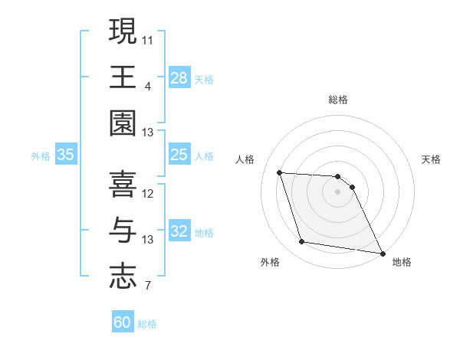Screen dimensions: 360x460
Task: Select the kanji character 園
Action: pyautogui.click(x=123, y=123)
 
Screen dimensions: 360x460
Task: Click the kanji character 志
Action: pyautogui.click(x=123, y=275)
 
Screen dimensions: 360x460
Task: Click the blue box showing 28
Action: pyautogui.click(x=179, y=77)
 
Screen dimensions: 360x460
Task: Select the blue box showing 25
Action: pyautogui.click(x=179, y=155)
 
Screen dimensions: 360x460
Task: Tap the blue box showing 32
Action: pyautogui.click(x=179, y=232)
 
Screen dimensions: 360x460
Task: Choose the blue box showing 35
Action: pyautogui.click(x=66, y=155)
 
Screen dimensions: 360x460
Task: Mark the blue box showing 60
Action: pyautogui.click(x=123, y=322)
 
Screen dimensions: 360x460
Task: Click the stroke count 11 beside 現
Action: pyautogui.click(x=148, y=38)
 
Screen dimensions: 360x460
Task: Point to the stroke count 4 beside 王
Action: pyautogui.click(x=148, y=86)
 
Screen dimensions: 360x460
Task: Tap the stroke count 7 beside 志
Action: pyautogui.click(x=148, y=286)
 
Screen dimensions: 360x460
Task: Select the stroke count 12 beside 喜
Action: pyautogui.click(x=148, y=193)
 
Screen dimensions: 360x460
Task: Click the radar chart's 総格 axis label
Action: pyautogui.click(x=338, y=100)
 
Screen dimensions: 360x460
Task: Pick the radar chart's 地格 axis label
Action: pyautogui.click(x=402, y=263)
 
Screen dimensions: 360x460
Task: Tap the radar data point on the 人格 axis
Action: pyautogui.click(x=280, y=172)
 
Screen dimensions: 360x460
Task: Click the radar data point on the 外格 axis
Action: pyautogui.click(x=302, y=242)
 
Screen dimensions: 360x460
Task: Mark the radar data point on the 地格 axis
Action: pyautogui.click(x=383, y=253)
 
